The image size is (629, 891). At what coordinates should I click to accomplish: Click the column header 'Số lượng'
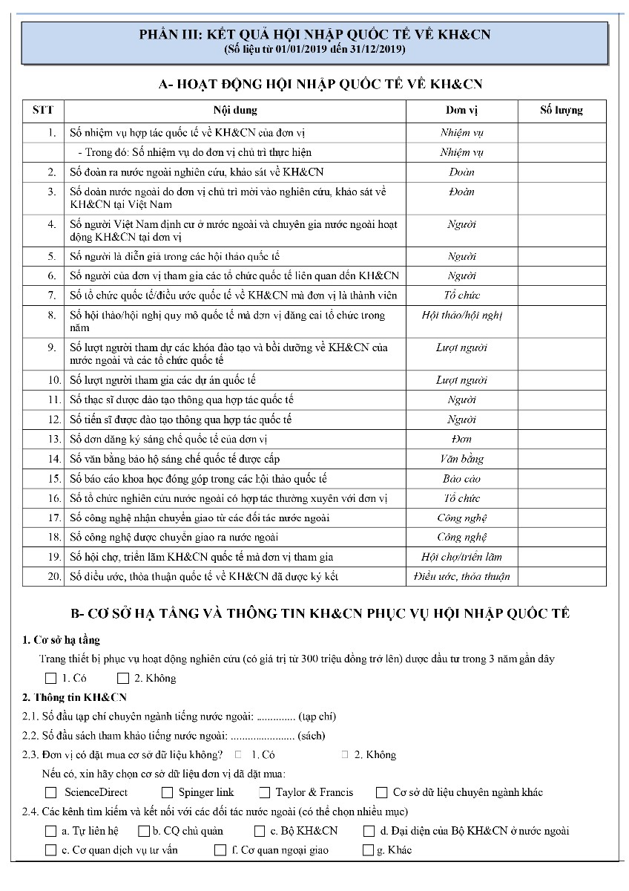pos(561,111)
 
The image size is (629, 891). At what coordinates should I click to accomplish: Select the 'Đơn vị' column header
pos(461,111)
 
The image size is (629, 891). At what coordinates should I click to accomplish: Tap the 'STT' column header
pos(43,111)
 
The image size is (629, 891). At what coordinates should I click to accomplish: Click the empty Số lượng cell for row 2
pos(561,172)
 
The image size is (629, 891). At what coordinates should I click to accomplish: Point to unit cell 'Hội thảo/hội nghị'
pos(461,316)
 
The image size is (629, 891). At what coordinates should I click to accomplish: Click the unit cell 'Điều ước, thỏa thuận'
pos(461,576)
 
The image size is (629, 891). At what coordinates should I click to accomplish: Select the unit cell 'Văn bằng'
pos(461,459)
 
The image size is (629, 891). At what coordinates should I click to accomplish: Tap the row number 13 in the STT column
pos(52,439)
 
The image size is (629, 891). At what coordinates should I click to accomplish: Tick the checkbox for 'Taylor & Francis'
pos(263,792)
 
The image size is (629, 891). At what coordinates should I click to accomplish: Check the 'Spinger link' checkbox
pos(167,792)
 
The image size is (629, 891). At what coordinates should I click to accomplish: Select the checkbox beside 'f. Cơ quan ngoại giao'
pos(220,850)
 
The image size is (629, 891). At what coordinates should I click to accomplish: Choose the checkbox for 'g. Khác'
pos(368,850)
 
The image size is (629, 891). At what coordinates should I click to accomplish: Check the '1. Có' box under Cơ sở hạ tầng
pos(50,678)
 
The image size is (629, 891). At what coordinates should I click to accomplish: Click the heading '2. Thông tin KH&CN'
pos(75,697)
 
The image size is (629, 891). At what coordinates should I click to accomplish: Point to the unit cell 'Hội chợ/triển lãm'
pos(461,557)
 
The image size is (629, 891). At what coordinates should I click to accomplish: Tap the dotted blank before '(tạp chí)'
pos(275,717)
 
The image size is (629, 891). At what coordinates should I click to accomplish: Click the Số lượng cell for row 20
pos(561,576)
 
